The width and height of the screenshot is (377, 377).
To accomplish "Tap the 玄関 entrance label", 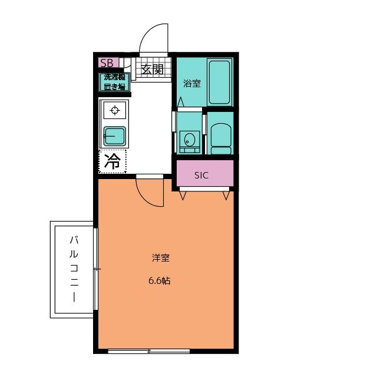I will pyautogui.click(x=151, y=69).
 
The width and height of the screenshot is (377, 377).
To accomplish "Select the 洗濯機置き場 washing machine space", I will pyautogui.click(x=114, y=82).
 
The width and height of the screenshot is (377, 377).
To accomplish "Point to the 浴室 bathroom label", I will pyautogui.click(x=191, y=83).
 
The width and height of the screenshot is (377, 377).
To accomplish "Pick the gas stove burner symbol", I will pyautogui.click(x=114, y=110).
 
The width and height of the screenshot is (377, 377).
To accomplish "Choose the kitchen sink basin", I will pyautogui.click(x=114, y=137).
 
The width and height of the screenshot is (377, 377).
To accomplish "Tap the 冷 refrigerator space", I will pyautogui.click(x=113, y=161).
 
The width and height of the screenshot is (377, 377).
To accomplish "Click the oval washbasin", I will pyautogui.click(x=189, y=140).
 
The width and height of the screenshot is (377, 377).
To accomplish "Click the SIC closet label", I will pyautogui.click(x=201, y=175).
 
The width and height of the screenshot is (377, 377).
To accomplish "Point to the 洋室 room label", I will pyautogui.click(x=161, y=257).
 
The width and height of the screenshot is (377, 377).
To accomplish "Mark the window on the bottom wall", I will pyautogui.click(x=148, y=351).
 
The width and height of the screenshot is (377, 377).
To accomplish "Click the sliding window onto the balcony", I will pyautogui.click(x=96, y=269).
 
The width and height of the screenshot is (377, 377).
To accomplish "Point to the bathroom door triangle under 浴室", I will pyautogui.click(x=181, y=103).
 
